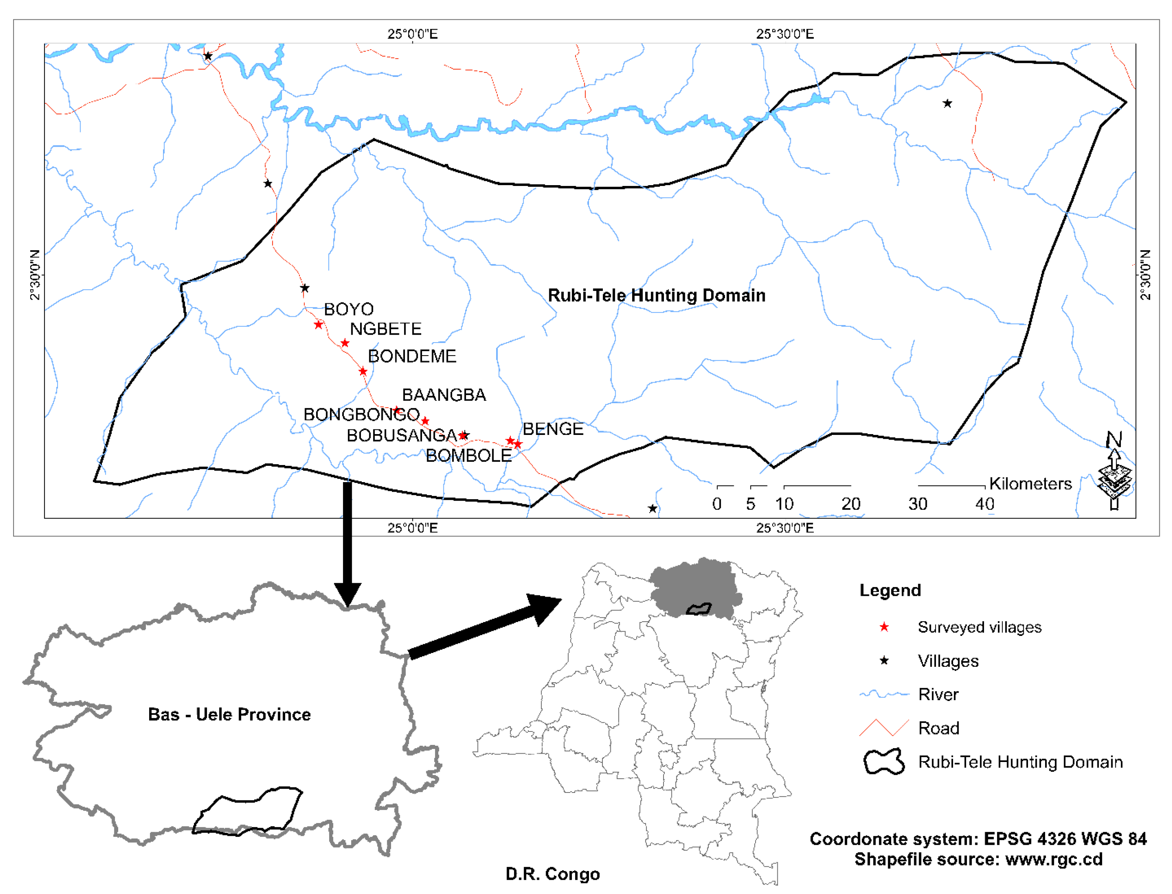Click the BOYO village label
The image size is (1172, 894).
(x=349, y=309)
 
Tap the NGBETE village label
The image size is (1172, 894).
(x=386, y=329)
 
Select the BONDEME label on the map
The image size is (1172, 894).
(x=412, y=356)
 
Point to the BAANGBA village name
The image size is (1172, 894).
(x=443, y=395)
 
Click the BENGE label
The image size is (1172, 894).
(x=552, y=429)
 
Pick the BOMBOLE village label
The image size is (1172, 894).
(x=468, y=456)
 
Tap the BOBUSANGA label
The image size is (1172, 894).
(x=401, y=435)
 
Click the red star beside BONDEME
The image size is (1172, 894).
(x=363, y=371)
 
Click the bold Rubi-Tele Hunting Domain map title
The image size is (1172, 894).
(x=656, y=295)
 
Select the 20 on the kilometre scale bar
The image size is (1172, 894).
(x=850, y=504)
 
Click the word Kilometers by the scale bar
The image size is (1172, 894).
(x=1030, y=484)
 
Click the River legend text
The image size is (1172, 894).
(x=938, y=695)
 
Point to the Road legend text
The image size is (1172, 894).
(x=938, y=728)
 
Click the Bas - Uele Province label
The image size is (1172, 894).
(x=229, y=714)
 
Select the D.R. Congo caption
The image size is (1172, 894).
(x=552, y=874)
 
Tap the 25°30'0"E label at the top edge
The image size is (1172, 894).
(x=785, y=34)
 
